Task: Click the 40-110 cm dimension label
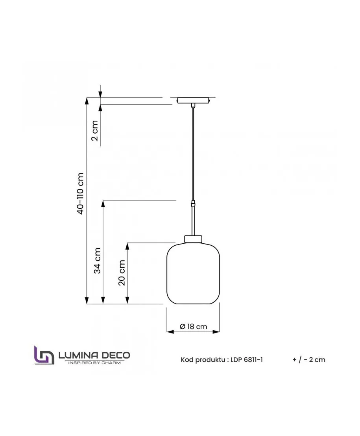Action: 80,193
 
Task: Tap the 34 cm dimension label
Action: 97,261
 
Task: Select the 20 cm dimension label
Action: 122,273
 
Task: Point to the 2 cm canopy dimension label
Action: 95,131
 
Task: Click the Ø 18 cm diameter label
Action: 193,326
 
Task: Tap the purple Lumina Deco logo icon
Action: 44,355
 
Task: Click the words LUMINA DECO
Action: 94,355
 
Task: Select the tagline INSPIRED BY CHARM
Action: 94,362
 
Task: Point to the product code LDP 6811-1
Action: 246,360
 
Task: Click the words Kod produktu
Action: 203,360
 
